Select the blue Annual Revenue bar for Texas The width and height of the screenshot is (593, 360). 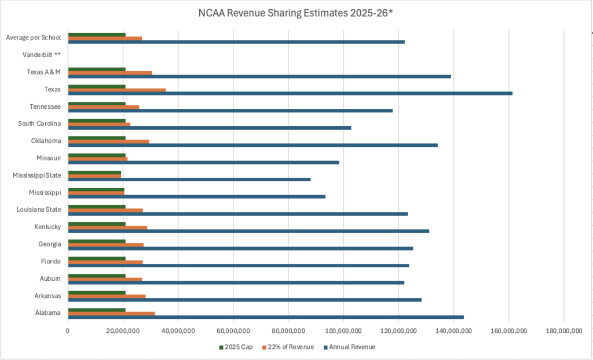coord(291,93)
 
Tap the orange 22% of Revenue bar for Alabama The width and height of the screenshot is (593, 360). coord(112,314)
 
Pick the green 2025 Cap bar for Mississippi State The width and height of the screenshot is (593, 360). coord(94,172)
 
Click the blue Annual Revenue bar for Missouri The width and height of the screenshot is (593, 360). coord(204,162)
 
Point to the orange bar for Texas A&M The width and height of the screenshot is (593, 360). coord(110,72)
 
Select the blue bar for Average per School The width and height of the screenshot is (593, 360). coord(236,42)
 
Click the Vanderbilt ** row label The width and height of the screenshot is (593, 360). coord(42,55)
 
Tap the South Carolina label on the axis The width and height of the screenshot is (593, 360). coord(39,124)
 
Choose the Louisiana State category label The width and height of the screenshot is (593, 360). coord(39,210)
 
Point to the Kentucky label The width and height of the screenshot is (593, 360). coord(47,227)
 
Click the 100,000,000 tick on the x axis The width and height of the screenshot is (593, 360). coord(343,331)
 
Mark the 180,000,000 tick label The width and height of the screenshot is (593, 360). coord(564,331)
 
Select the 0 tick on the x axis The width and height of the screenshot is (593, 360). coord(68,331)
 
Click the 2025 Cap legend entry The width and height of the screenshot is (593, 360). coord(236,347)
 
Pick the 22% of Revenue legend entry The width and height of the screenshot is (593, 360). coord(288,347)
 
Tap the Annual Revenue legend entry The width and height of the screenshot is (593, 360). coord(349,347)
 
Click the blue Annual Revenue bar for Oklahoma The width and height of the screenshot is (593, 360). coord(253,145)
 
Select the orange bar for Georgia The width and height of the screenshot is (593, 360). coord(106,245)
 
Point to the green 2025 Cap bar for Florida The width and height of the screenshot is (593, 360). coord(97,259)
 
